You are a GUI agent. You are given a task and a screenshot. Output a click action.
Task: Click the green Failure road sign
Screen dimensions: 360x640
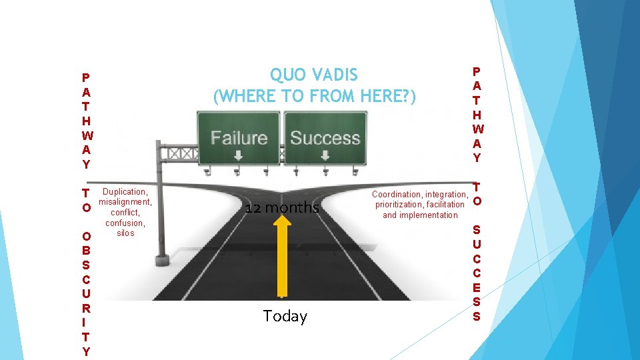[x=239, y=138]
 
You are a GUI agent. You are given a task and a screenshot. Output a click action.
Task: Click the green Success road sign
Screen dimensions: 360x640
[x=325, y=138]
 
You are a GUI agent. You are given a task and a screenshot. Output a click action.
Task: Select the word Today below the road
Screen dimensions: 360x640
[x=285, y=316]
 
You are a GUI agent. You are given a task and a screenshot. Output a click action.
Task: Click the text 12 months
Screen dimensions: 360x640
[x=282, y=208]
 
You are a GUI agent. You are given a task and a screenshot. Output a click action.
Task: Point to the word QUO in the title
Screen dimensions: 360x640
[x=285, y=75]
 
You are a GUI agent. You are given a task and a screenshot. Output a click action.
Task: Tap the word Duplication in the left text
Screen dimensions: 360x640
[x=125, y=192]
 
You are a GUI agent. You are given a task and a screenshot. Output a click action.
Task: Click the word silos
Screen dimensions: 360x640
[x=125, y=233]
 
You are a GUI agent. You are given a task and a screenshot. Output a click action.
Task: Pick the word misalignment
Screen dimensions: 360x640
[x=125, y=202]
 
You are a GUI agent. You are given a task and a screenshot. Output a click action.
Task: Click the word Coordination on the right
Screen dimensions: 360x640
[x=397, y=195]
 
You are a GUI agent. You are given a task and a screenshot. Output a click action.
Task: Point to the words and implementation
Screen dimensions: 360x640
[x=420, y=215]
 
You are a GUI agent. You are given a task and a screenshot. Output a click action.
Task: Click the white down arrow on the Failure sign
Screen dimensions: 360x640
[x=238, y=157]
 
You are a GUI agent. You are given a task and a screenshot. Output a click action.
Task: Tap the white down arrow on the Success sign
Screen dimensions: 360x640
[x=325, y=157]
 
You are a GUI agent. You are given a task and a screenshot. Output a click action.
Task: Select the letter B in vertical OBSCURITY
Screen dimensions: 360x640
[x=86, y=250]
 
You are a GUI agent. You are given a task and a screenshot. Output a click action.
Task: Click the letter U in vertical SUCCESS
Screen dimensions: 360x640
[x=476, y=244]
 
